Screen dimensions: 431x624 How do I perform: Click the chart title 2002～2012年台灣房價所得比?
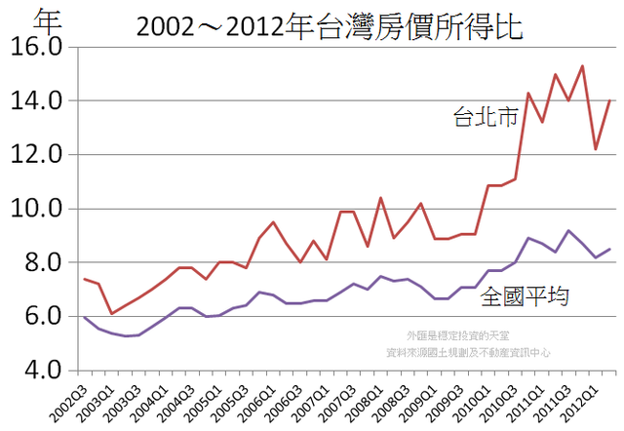click(x=330, y=26)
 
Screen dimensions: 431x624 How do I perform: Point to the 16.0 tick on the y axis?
click(x=36, y=47)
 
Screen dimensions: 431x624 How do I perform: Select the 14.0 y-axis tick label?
click(x=36, y=100)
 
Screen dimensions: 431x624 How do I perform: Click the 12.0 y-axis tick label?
click(x=36, y=154)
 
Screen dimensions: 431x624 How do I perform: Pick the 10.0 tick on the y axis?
click(x=36, y=209)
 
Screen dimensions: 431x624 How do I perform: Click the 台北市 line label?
click(x=486, y=118)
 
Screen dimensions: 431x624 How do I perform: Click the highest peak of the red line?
click(x=582, y=66)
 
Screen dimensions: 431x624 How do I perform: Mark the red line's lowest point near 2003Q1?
click(x=111, y=313)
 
